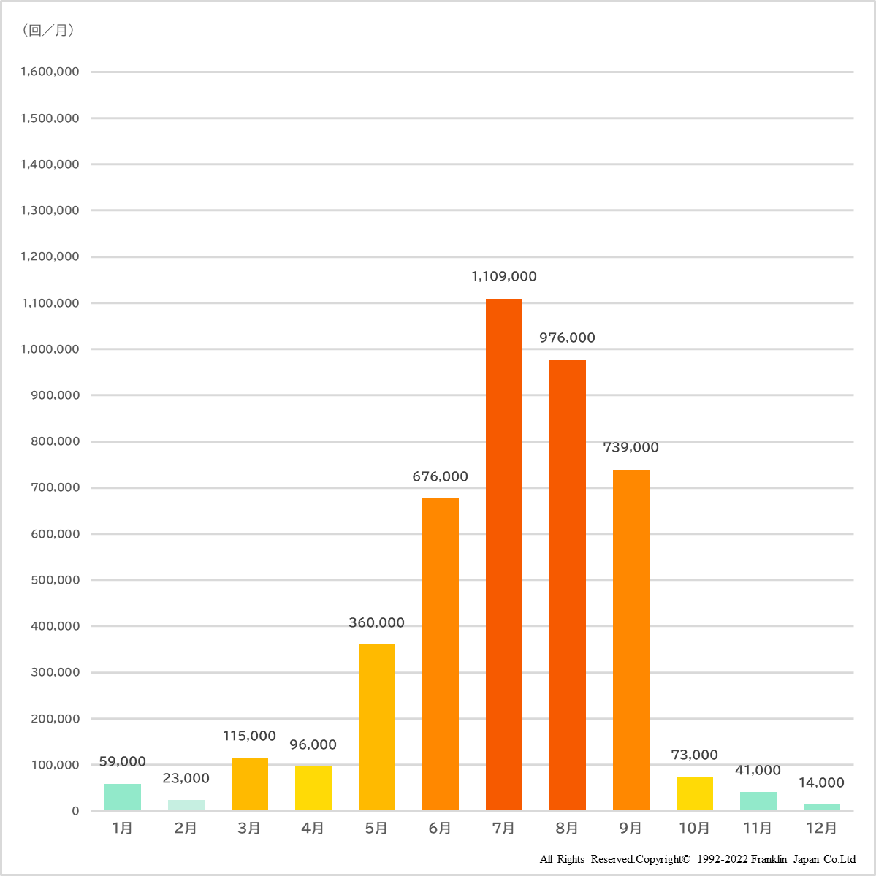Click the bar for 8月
[x=567, y=584]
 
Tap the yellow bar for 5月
[x=376, y=726]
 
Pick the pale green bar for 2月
[x=186, y=804]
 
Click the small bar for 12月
[x=821, y=807]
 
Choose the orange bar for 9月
[x=631, y=639]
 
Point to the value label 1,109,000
[x=503, y=276]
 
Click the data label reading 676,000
[x=440, y=476]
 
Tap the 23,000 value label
[x=186, y=778]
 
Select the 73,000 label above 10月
[x=694, y=755]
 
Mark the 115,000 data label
[x=249, y=736]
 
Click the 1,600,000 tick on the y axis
[x=50, y=72]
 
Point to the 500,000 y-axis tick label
[x=55, y=580]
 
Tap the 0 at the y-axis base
[x=75, y=811]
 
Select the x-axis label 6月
[x=440, y=828]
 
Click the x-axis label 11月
[x=758, y=828]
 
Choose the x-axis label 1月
[x=122, y=828]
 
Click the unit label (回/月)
[x=49, y=30]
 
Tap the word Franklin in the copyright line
[x=767, y=859]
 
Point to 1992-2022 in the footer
[x=723, y=859]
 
